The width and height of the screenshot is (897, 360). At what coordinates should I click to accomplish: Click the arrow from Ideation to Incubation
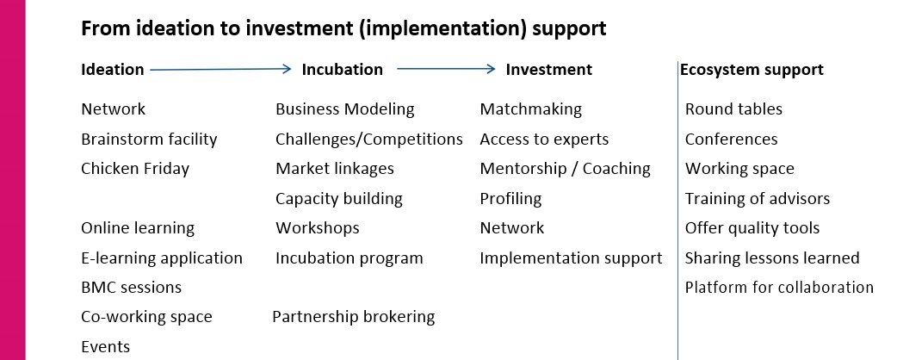point(221,69)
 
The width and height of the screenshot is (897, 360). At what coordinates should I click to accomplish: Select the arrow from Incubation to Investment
point(446,69)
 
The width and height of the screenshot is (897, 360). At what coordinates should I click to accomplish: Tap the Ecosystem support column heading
point(752,70)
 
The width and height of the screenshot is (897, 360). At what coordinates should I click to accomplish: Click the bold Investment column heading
point(549,69)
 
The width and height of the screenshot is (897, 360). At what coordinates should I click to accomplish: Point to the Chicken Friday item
point(135,169)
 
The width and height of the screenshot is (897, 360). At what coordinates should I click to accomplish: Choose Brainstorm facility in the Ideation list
point(149,139)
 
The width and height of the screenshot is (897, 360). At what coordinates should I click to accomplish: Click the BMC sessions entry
point(132,287)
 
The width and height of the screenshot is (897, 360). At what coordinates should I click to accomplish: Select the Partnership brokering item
point(354,316)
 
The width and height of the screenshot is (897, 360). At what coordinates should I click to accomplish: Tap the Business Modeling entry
point(345,109)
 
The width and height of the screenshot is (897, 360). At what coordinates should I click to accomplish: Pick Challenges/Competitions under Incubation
point(369,139)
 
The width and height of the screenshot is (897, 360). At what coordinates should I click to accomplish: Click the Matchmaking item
point(531,109)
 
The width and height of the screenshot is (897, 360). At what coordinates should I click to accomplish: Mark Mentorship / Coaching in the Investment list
point(566,169)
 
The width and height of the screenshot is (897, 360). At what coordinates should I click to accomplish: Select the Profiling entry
point(510,199)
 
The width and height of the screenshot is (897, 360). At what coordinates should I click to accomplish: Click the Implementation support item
point(571,258)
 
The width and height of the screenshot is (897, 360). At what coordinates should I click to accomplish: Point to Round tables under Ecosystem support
point(733,109)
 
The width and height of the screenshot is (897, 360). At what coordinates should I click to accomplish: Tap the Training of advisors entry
point(758,199)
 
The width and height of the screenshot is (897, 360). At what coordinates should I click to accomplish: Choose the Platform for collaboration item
point(779,287)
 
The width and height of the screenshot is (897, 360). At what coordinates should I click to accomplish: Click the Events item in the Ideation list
point(106,346)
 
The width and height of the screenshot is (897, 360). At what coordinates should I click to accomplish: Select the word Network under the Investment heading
point(512,227)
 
